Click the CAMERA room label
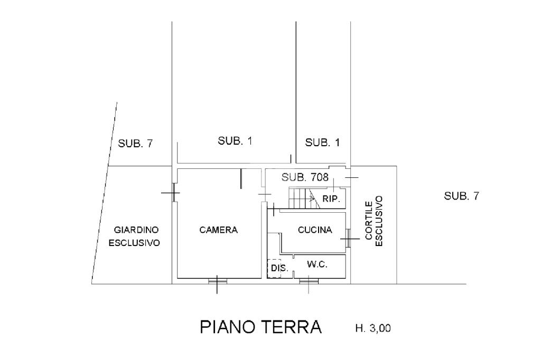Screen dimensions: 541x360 [219, 230]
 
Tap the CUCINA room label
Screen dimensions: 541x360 [315, 230]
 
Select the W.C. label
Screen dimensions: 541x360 [318, 265]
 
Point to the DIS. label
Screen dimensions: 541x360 [278, 269]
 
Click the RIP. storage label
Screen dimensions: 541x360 [330, 198]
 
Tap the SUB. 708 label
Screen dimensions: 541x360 [305, 177]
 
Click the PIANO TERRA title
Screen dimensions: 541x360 [261, 327]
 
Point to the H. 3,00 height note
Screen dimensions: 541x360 [373, 329]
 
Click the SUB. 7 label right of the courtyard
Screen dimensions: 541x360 [462, 196]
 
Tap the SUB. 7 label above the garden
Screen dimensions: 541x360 [135, 143]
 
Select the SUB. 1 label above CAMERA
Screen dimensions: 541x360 [235, 141]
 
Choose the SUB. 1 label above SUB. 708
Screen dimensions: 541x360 [323, 142]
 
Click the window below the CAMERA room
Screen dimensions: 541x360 [217, 281]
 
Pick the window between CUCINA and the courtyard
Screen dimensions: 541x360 [348, 238]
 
